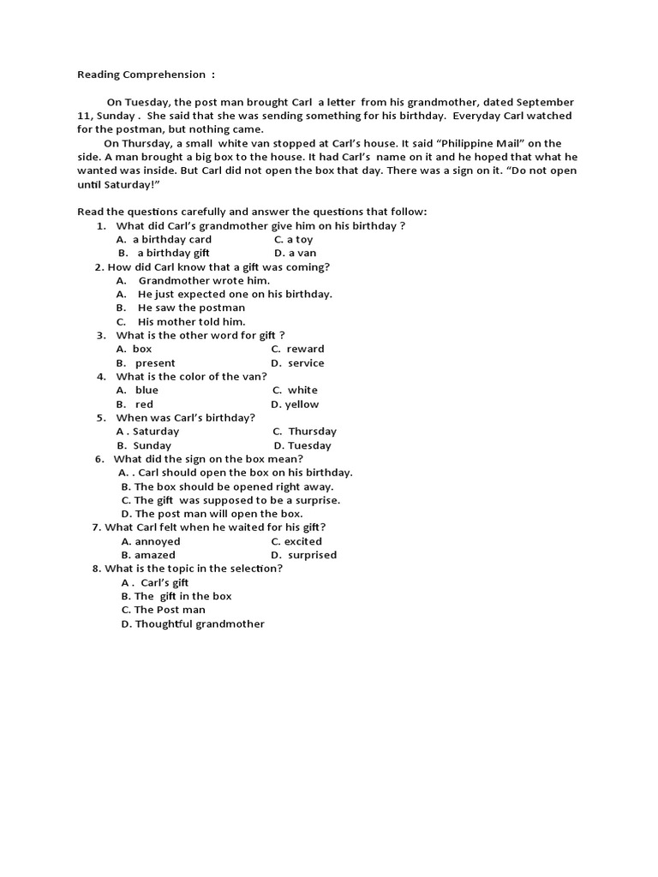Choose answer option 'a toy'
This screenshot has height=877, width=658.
[300, 240]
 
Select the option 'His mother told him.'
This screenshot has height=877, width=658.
[191, 322]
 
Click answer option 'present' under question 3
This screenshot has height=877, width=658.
[155, 363]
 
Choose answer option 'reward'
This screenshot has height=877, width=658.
[305, 349]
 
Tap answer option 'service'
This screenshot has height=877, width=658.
[306, 363]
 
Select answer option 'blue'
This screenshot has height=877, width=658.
[147, 391]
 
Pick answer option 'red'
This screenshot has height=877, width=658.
[144, 404]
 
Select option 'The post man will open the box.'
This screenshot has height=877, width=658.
[218, 514]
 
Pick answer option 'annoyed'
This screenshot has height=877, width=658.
[158, 541]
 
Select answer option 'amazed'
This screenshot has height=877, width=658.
[155, 555]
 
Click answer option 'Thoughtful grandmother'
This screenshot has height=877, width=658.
[200, 623]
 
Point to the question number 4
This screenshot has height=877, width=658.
[101, 377]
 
